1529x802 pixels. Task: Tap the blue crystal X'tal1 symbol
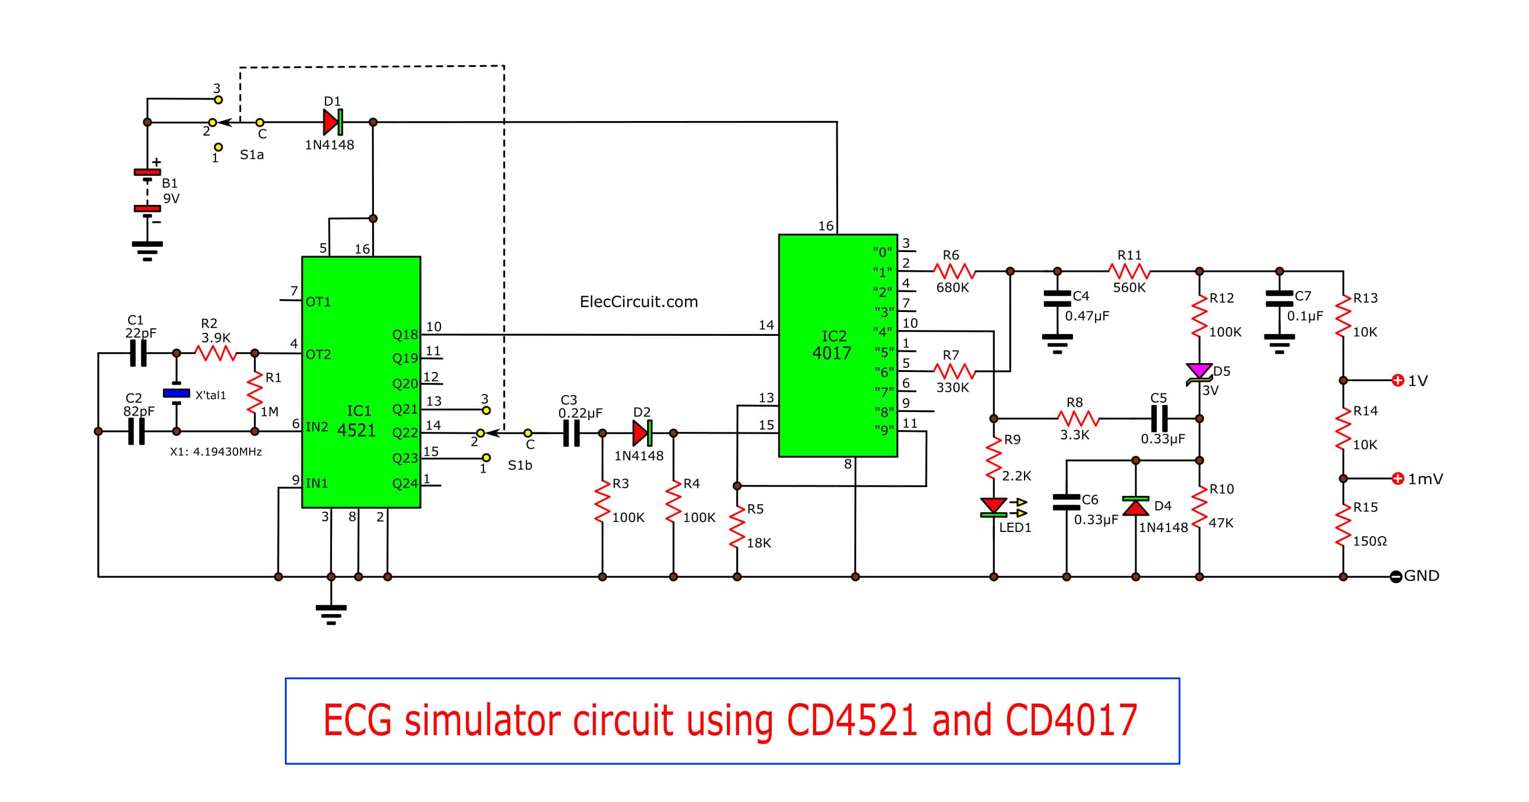pos(176,393)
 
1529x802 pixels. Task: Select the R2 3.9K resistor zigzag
pos(216,353)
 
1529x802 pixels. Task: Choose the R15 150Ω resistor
pos(1343,524)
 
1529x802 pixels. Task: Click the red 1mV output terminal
pos(1398,478)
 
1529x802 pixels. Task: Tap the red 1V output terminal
pos(1398,380)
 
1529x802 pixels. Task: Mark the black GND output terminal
pos(1396,577)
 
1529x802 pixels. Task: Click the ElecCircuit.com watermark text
pos(638,302)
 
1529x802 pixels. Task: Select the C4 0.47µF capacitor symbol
pos(1057,299)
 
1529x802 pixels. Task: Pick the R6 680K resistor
pos(954,272)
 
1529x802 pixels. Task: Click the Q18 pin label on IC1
pos(405,335)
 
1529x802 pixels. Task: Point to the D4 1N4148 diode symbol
pos(1135,506)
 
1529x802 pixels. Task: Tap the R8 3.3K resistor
pos(1079,419)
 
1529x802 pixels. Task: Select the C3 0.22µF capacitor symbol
pos(571,433)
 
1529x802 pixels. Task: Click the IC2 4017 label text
pos(832,345)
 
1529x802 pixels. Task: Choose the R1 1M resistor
pos(255,392)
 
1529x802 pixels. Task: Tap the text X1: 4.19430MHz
pos(216,452)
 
